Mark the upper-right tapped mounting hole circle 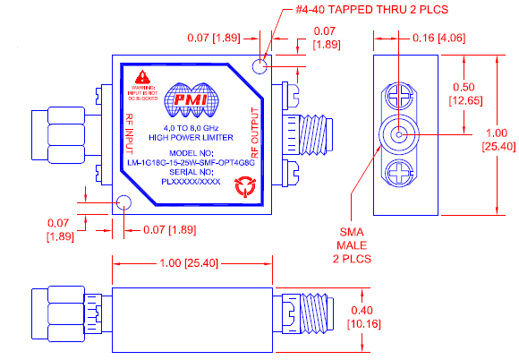(260, 66)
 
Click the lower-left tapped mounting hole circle (124, 204)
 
